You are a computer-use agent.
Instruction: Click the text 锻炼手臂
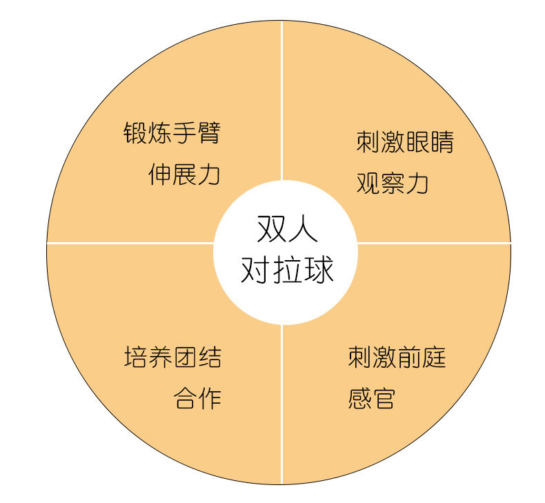pyautogui.click(x=172, y=132)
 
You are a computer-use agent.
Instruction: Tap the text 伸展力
pyautogui.click(x=184, y=175)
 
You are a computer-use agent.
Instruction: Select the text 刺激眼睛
pyautogui.click(x=405, y=142)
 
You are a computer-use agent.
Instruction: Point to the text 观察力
pyautogui.click(x=393, y=184)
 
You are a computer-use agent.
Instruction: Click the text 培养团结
pyautogui.click(x=172, y=357)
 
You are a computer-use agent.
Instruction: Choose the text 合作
pyautogui.click(x=197, y=398)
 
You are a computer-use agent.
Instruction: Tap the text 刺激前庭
pyautogui.click(x=397, y=357)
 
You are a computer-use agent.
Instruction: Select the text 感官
pyautogui.click(x=372, y=398)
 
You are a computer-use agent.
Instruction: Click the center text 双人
pyautogui.click(x=287, y=229)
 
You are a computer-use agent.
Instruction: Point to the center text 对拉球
pyautogui.click(x=287, y=269)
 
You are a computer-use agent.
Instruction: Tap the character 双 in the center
pyautogui.click(x=271, y=229)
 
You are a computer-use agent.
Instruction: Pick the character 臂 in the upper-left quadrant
pyautogui.click(x=209, y=132)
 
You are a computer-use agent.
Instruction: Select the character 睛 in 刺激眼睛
pyautogui.click(x=442, y=142)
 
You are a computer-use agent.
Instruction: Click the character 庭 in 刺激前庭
pyautogui.click(x=434, y=357)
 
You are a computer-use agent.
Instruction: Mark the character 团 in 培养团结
pyautogui.click(x=185, y=357)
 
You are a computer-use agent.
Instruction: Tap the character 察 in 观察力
pyautogui.click(x=393, y=184)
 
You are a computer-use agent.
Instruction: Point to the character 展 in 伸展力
pyautogui.click(x=184, y=175)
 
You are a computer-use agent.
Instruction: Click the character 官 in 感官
pyautogui.click(x=384, y=398)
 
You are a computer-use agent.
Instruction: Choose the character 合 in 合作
pyautogui.click(x=185, y=398)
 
